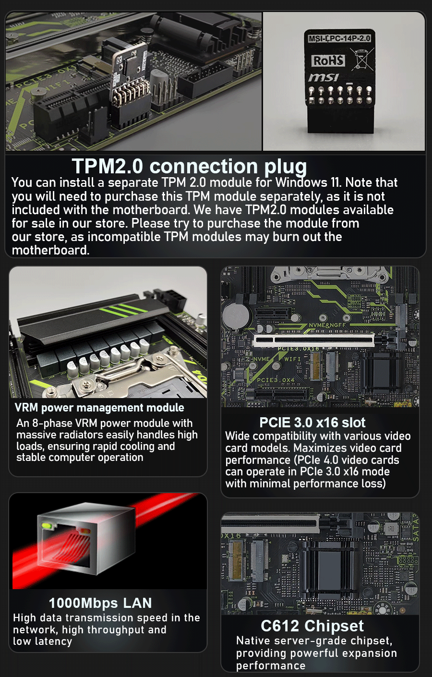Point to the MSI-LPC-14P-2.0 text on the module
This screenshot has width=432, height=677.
point(339,38)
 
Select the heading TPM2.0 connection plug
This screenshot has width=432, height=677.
point(190,166)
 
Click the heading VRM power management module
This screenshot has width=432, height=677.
point(99,408)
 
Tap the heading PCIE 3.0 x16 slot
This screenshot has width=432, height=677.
point(312,423)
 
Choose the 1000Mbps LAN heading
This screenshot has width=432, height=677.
point(100,603)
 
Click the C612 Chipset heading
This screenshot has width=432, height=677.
point(312,626)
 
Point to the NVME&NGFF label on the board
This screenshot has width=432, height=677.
point(327,325)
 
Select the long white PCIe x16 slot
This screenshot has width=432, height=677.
point(314,340)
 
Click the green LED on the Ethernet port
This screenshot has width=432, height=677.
point(47,526)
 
